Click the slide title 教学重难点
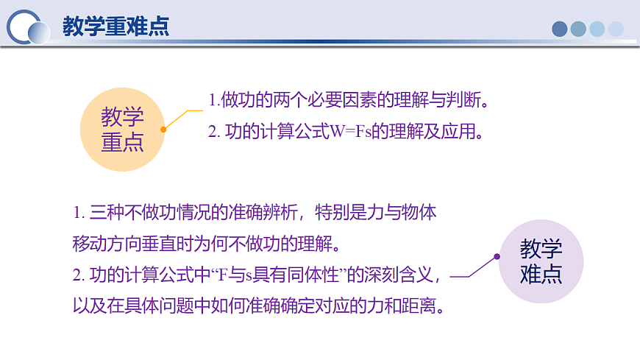coord(115,27)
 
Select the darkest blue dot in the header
coord(560,29)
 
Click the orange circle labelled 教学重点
coord(123,130)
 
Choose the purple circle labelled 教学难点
coord(541,261)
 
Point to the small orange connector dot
coord(163,129)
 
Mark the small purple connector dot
coord(497,257)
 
